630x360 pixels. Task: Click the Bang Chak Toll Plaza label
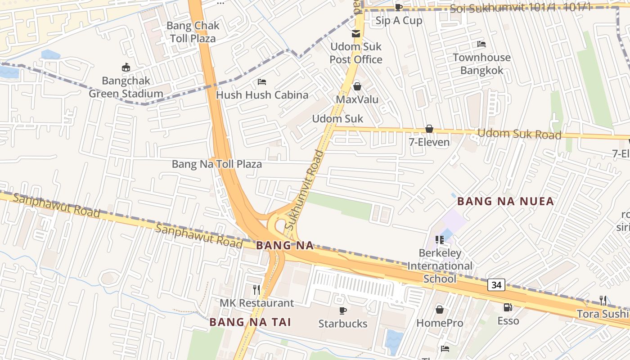[x=193, y=32]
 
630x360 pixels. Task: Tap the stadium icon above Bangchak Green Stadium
[x=126, y=67]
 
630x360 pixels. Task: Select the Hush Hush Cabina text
[x=262, y=95]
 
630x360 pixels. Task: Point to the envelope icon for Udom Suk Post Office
[x=356, y=34]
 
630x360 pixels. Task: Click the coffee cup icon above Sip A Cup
[x=398, y=7]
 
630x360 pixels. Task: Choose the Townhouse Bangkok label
[x=481, y=64]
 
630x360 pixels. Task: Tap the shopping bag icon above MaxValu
[x=357, y=86]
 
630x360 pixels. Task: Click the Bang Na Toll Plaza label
[x=217, y=164]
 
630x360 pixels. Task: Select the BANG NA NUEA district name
[x=505, y=201]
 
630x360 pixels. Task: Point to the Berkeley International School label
[x=440, y=266]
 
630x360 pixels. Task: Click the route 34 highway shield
[x=496, y=285]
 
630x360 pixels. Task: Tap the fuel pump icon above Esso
[x=508, y=307]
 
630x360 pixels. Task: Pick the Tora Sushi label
[x=602, y=314]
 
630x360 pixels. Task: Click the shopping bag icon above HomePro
[x=440, y=310]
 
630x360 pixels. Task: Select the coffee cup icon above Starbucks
[x=343, y=310]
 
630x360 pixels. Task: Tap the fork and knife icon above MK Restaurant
[x=256, y=290]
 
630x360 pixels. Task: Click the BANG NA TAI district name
[x=250, y=322]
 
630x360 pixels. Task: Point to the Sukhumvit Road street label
[x=305, y=190]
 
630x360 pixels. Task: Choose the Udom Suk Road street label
[x=519, y=134]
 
